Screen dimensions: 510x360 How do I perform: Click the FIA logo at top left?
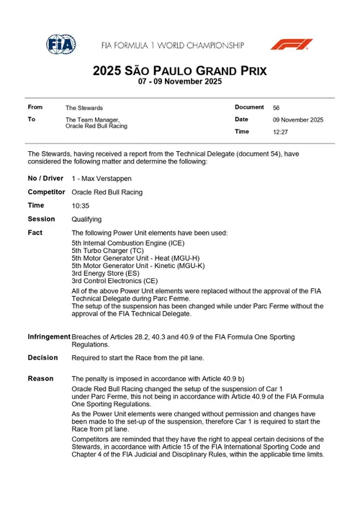point(61,44)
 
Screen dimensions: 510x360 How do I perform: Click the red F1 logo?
point(292,44)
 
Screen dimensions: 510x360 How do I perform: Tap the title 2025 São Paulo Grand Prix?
point(179,71)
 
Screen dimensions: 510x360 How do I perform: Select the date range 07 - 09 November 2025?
point(179,83)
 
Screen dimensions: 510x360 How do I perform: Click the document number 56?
point(276,107)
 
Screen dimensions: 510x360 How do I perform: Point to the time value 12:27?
point(280,132)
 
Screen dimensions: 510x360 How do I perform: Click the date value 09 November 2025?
point(297,120)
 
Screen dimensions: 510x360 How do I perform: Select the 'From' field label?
point(35,107)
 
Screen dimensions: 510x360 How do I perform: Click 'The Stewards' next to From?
point(84,108)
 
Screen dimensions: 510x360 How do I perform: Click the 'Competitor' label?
point(47,192)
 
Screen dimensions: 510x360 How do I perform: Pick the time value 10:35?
point(80,206)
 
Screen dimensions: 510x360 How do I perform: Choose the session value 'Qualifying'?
point(86,219)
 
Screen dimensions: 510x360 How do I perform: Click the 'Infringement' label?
point(49,336)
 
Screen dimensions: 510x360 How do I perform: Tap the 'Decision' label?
point(42,357)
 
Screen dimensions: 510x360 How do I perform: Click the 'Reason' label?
point(40,378)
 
